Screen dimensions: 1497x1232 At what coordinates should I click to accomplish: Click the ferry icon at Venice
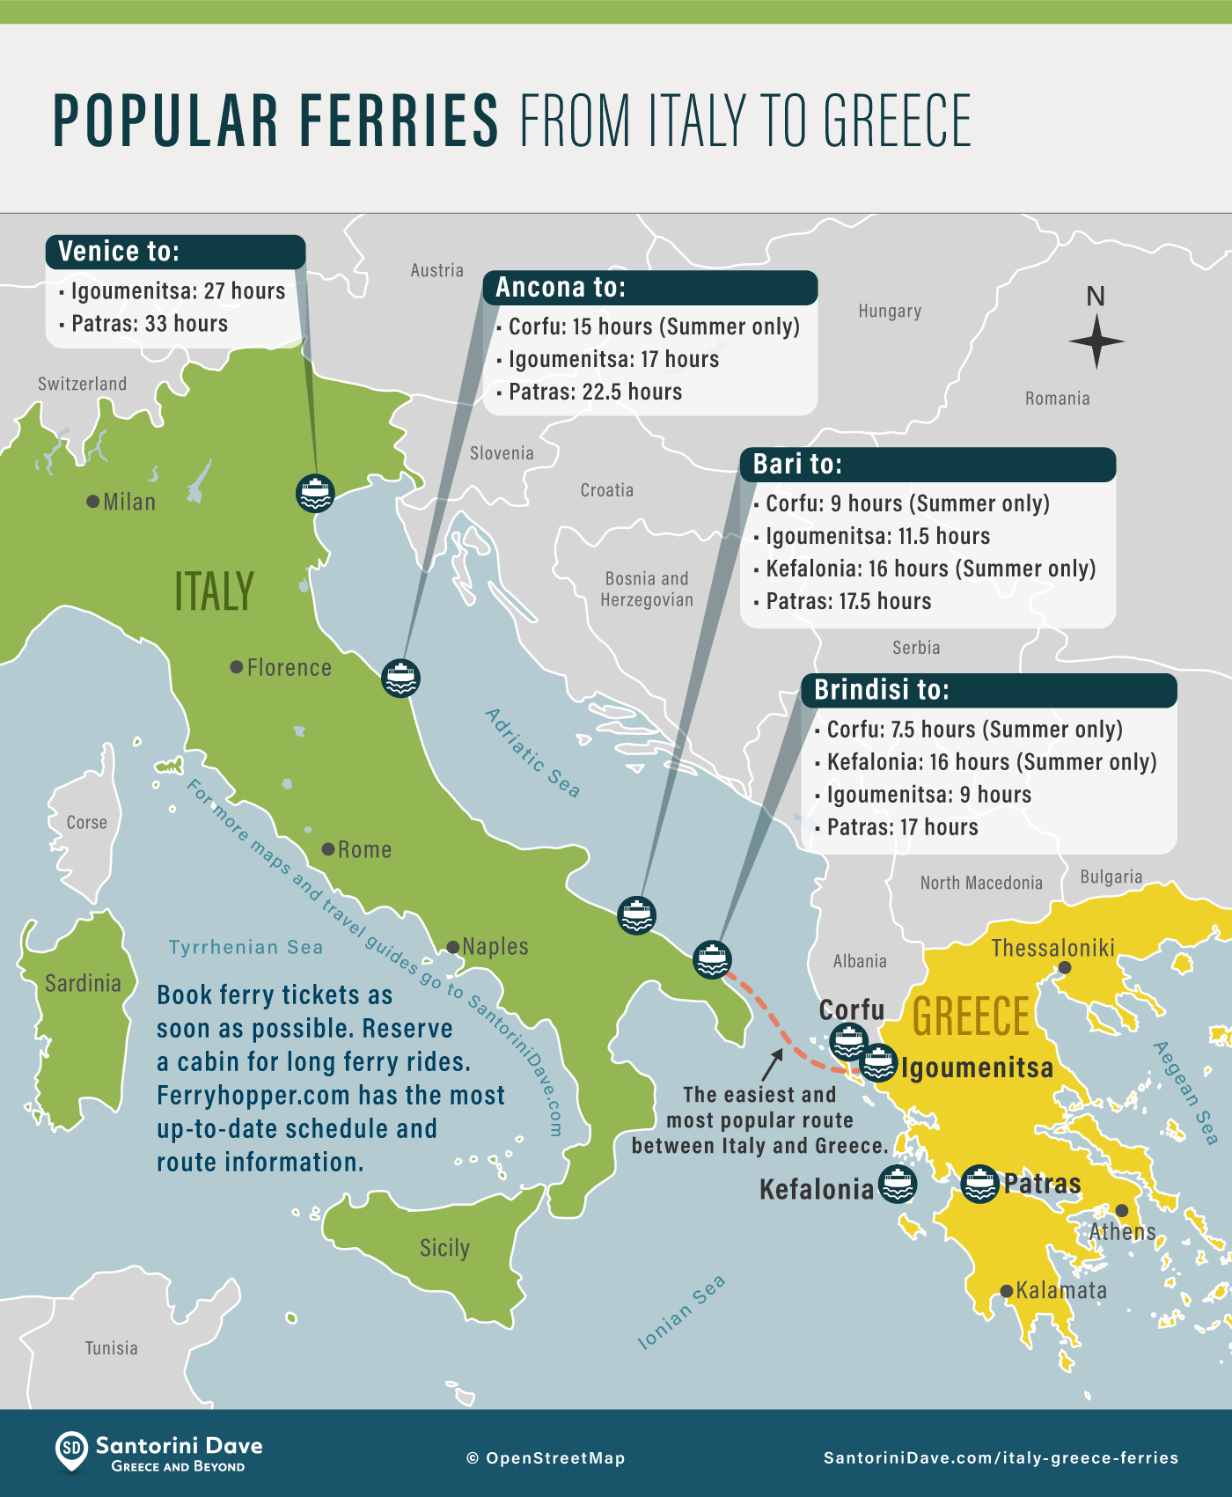point(315,493)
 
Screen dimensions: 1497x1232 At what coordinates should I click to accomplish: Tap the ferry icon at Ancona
point(400,679)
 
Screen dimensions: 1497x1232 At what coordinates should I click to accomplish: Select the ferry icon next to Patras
point(979,1184)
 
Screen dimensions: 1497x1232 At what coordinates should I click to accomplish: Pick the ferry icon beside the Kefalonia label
point(898,1185)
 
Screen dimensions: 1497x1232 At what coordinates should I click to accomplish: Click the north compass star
point(1096,341)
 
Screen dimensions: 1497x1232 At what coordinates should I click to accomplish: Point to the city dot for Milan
point(92,502)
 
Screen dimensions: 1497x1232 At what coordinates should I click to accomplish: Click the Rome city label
point(364,850)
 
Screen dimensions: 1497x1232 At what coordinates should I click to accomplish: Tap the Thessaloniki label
point(1052,948)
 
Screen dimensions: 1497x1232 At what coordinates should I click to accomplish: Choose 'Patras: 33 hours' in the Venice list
point(150,324)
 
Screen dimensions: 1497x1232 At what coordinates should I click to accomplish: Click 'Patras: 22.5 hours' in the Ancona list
point(596,392)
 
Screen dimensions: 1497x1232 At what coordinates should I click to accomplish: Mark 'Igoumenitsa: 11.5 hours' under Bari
point(877,536)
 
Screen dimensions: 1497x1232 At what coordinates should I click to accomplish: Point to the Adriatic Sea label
point(533,752)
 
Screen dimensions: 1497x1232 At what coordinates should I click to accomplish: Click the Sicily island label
point(444,1248)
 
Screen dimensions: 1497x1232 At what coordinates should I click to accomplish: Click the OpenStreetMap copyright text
point(546,1458)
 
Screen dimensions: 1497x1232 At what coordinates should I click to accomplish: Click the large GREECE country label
point(971,1017)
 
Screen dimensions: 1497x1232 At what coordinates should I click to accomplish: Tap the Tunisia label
point(112,1348)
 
